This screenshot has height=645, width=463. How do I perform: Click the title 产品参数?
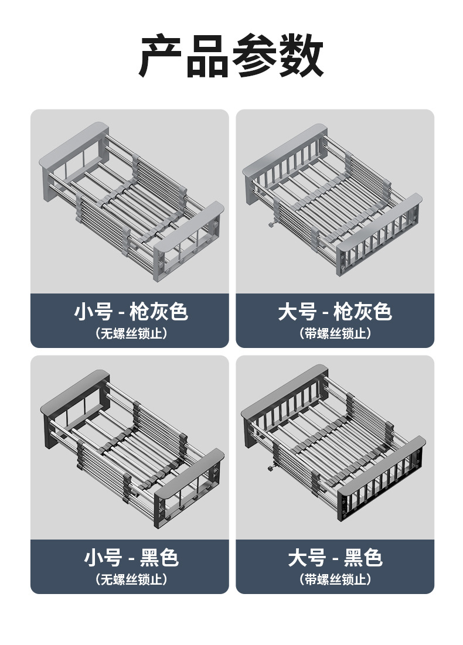click(231, 56)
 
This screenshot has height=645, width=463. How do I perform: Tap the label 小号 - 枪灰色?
click(130, 312)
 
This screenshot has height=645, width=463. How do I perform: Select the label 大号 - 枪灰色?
click(335, 312)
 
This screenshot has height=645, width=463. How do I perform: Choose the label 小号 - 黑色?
click(130, 558)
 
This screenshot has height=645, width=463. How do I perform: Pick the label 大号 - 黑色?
click(335, 558)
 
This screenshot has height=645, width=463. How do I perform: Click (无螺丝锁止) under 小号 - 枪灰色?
click(130, 334)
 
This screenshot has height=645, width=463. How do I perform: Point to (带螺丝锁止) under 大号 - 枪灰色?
click(335, 334)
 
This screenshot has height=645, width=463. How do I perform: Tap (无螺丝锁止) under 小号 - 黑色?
click(130, 580)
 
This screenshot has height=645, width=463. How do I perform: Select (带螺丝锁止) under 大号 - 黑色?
click(335, 580)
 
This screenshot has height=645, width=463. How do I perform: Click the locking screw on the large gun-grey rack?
click(271, 224)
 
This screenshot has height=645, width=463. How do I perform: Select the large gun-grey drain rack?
click(333, 199)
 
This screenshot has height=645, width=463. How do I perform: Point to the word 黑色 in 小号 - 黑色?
click(159, 558)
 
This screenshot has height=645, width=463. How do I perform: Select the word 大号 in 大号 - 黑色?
click(307, 558)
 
